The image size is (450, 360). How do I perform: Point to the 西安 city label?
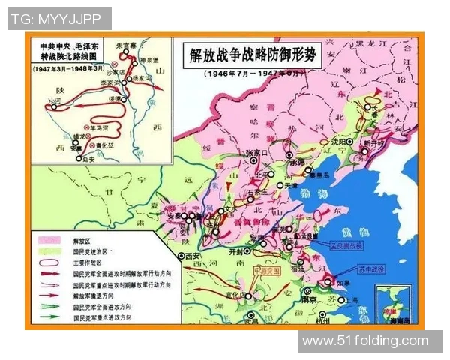coord(194,256)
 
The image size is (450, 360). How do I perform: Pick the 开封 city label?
coord(238,253)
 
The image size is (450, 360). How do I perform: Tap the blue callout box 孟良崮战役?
coord(343,244)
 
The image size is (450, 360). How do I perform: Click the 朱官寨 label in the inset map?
coord(131,44)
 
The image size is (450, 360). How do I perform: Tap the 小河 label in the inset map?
coord(53,101)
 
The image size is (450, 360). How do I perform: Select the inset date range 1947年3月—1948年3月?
coord(71,68)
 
